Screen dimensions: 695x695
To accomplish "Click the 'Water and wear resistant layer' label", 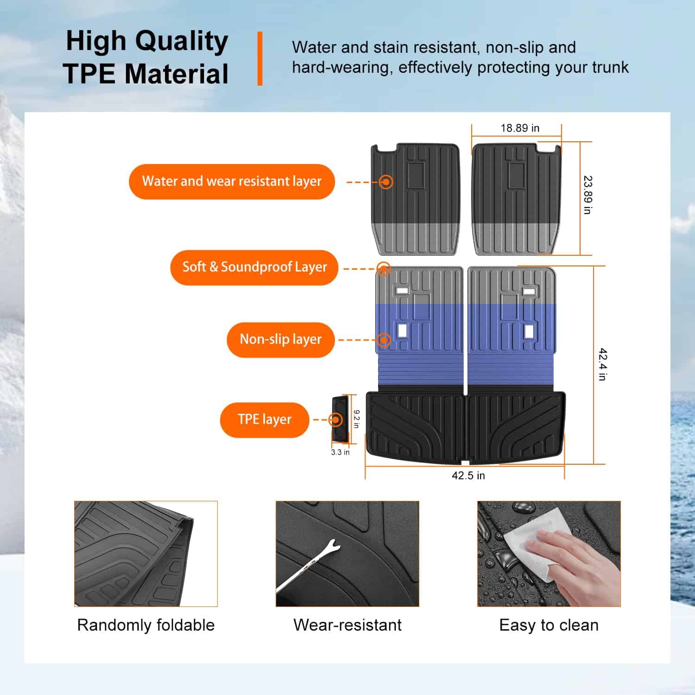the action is pos(232,182).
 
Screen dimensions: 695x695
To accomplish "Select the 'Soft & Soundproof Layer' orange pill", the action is pos(254,267).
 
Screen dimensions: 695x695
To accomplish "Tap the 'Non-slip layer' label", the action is pos(280,340).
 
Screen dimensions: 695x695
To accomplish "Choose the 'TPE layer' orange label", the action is pos(265,420).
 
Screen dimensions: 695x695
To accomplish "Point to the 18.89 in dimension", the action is pos(520,128).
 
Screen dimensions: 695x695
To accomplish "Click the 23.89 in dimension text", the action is pos(588,195).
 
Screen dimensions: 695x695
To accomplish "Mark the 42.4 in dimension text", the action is pos(602,364).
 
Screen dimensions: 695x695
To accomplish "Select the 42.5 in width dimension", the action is pos(468,476).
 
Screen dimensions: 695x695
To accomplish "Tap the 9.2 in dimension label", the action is pos(356,419).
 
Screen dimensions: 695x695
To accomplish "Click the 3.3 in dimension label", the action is pos(340,452).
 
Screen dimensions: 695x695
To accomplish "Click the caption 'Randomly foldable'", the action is pos(146,625).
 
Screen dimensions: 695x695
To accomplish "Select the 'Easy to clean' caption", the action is pos(549,625).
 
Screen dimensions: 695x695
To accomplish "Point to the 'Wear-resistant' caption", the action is pos(347,625).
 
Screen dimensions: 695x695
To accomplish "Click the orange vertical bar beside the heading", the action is pos(260,58).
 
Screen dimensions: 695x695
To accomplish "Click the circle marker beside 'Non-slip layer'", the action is pos(383,340).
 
